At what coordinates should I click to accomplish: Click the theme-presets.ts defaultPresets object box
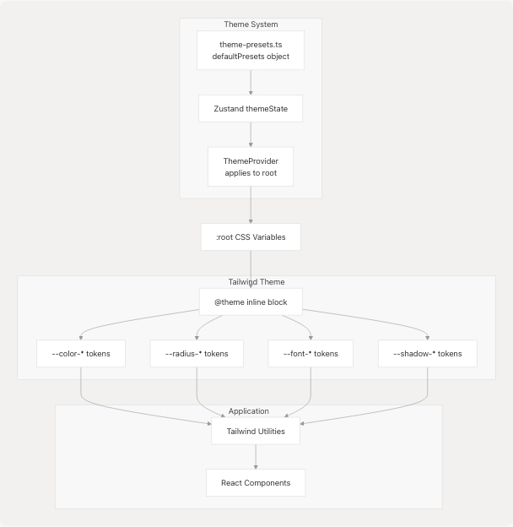[251, 51]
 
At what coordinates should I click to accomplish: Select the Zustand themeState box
[251, 109]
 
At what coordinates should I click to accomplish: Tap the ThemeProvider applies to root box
[251, 166]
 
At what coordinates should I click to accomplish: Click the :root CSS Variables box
[251, 237]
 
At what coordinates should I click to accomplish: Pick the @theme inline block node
[251, 302]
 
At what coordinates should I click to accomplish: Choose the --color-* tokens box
[81, 354]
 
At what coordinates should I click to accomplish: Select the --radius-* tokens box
[197, 354]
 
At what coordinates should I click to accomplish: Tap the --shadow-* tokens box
[427, 354]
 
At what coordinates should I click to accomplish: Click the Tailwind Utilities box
[255, 431]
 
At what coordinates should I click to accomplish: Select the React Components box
[255, 483]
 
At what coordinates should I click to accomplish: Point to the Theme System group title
[251, 24]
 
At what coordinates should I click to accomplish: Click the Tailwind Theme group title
[256, 282]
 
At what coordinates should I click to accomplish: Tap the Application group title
[248, 411]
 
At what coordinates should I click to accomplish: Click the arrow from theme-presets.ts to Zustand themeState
[251, 82]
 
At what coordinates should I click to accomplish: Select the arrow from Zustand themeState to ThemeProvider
[251, 134]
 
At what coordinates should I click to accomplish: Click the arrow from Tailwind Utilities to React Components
[255, 457]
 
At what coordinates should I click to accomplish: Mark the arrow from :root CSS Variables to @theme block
[251, 269]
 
